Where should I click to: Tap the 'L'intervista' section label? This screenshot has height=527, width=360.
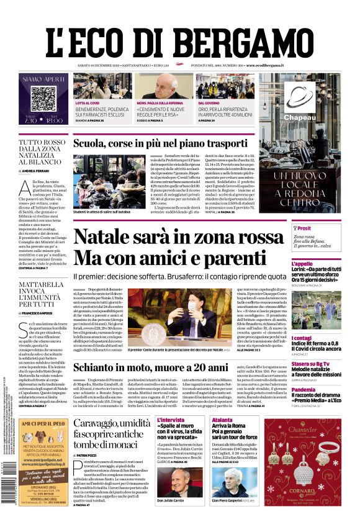pos(171,420)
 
